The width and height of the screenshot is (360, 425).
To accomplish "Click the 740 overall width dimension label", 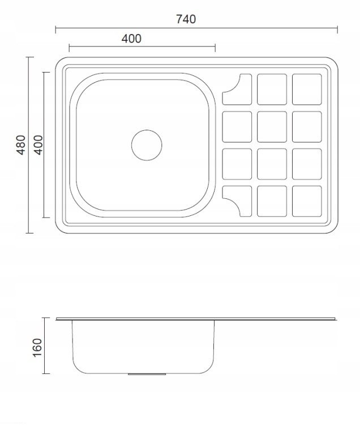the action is pyautogui.click(x=186, y=19).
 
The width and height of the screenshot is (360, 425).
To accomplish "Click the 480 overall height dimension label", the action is pyautogui.click(x=21, y=145).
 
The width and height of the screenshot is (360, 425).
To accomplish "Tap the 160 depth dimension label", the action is pyautogui.click(x=37, y=347).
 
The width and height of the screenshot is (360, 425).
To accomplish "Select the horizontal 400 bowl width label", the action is pyautogui.click(x=131, y=39).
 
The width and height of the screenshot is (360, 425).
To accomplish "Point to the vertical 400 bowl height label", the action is pyautogui.click(x=38, y=145).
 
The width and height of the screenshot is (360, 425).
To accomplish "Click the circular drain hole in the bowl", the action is pyautogui.click(x=147, y=145).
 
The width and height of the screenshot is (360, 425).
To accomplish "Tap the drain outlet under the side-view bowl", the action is pyautogui.click(x=147, y=374).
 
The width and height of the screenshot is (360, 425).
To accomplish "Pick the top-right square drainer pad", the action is pyautogui.click(x=307, y=89).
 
